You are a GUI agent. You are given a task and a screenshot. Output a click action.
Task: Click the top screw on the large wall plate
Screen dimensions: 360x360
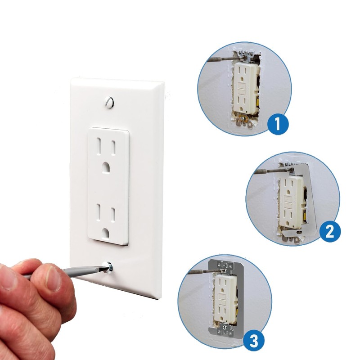(x=108, y=103)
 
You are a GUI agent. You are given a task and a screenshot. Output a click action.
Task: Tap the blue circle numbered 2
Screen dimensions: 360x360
(x=329, y=231)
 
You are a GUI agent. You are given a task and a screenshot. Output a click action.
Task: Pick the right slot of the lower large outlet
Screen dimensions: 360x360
(x=114, y=212)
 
